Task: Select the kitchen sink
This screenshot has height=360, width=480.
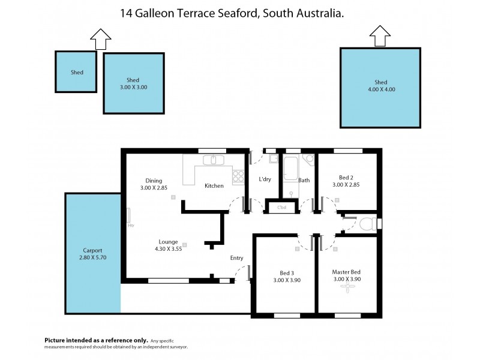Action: [212, 160]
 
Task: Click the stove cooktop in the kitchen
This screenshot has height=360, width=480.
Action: [238, 176]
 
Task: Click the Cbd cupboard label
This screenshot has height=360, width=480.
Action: [281, 208]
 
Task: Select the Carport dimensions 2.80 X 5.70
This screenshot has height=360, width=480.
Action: [93, 257]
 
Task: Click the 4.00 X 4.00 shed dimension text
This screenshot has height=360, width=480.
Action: [380, 90]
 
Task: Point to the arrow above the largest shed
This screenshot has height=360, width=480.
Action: [379, 36]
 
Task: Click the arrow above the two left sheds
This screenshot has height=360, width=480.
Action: [100, 40]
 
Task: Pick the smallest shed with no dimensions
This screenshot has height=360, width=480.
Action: [76, 72]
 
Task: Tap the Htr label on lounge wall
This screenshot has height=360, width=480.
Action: [130, 226]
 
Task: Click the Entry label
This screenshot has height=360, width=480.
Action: [236, 258]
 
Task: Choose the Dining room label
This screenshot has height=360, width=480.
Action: [154, 181]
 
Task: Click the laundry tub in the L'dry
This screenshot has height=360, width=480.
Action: [273, 159]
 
